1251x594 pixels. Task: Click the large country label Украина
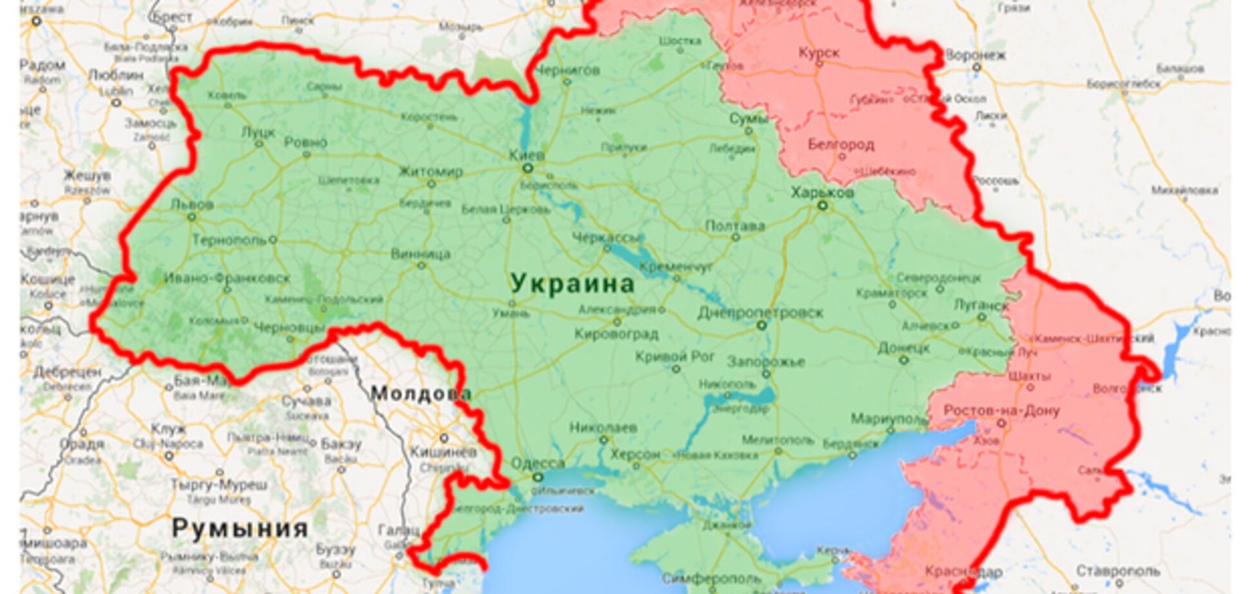coord(571,283)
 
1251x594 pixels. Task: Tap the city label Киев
coord(526,155)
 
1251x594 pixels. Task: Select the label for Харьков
coord(822,192)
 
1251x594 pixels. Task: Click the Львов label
coord(192,204)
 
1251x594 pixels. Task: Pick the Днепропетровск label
coord(761,312)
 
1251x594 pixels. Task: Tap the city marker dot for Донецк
coord(903,360)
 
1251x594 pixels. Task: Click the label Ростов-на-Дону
coord(1001,410)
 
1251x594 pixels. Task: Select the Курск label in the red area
coord(819,53)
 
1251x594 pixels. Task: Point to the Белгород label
coord(840,144)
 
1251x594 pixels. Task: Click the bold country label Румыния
coord(239,528)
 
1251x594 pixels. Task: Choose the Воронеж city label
coord(976,55)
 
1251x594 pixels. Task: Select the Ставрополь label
coord(1118,570)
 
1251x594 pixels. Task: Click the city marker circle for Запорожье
coord(766,373)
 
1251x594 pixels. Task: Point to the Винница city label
coord(421,253)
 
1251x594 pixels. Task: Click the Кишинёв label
coord(443,452)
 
